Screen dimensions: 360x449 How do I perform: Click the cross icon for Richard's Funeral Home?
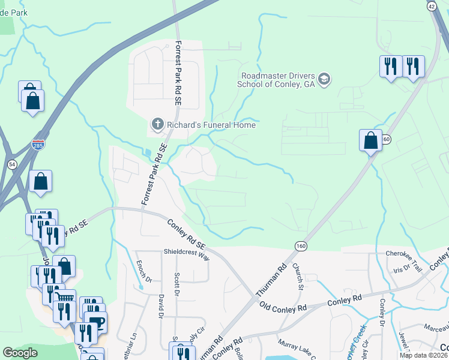point(157,124)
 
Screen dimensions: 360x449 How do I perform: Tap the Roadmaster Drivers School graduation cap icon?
point(324,80)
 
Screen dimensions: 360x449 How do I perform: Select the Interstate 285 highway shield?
point(38,145)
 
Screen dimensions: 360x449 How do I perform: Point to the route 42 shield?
point(432,6)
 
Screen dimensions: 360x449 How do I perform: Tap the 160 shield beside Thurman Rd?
point(301,246)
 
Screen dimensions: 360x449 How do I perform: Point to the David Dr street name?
point(161,307)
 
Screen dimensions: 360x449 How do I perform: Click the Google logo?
point(20,353)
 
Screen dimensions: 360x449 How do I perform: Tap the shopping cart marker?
point(64,298)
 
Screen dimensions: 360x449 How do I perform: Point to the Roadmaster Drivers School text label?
point(277,80)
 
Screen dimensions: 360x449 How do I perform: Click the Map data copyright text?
point(424,355)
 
